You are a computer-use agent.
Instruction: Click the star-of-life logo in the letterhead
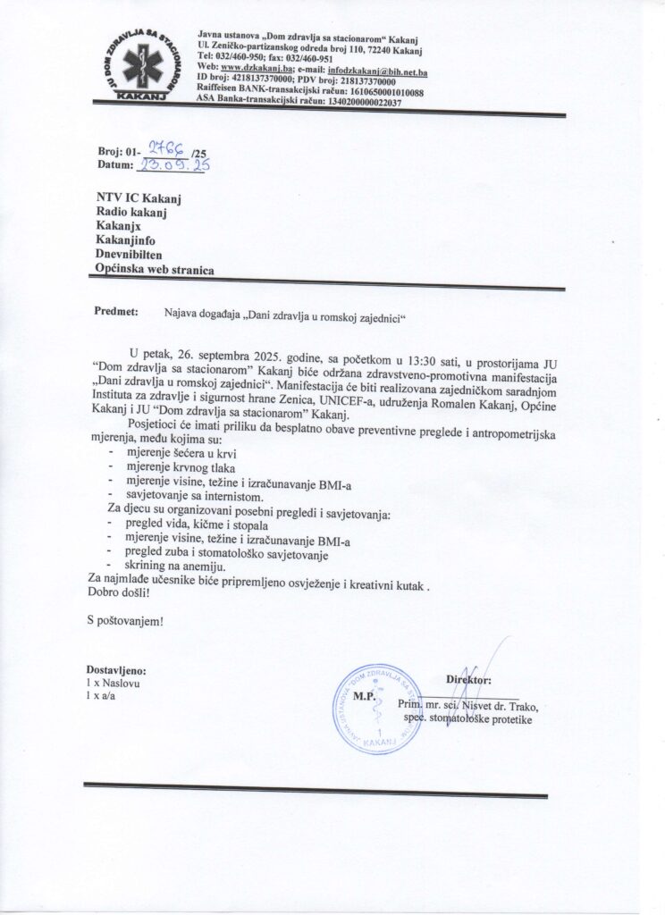pyautogui.click(x=142, y=63)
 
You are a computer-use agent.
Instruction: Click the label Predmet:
pyautogui.click(x=115, y=314)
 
